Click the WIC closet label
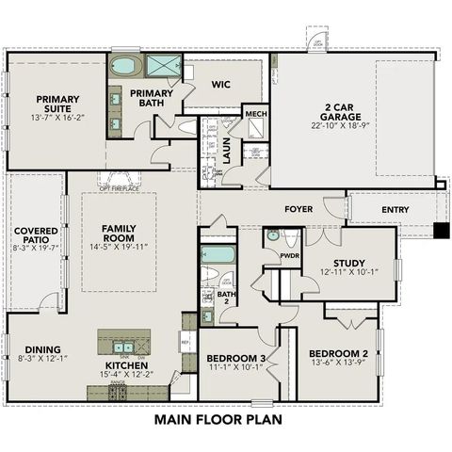(x=220, y=84)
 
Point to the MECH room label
(x=255, y=114)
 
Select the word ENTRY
(x=395, y=209)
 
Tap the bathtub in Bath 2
(x=218, y=254)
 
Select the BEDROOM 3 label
(x=236, y=359)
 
